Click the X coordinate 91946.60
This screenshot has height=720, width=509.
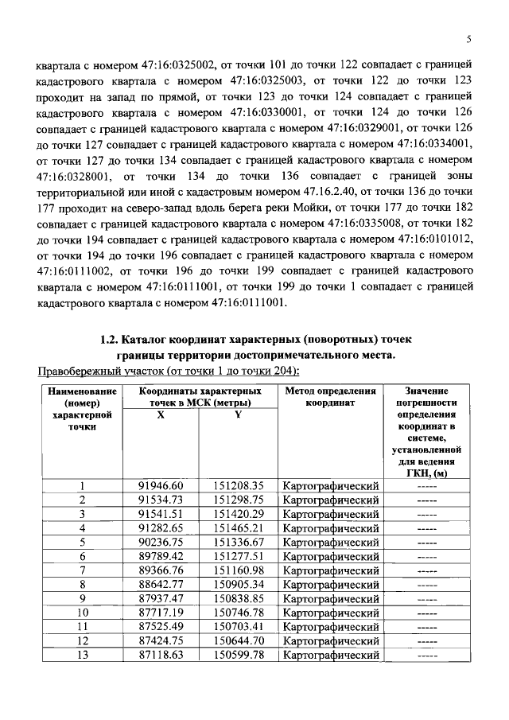tap(161, 485)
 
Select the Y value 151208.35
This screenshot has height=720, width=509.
tap(238, 485)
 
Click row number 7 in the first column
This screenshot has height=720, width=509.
tap(81, 570)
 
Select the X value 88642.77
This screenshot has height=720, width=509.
tap(161, 584)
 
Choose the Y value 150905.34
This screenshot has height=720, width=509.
tap(238, 584)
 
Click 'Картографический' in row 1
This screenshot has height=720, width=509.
tap(329, 485)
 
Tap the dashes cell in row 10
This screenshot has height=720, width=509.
tap(426, 613)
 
